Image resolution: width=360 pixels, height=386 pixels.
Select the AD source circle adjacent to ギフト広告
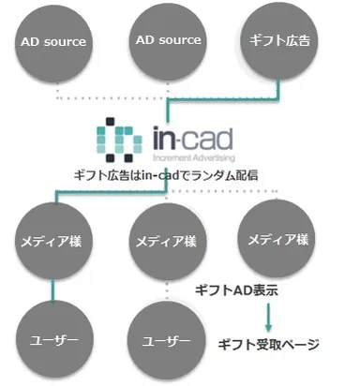click(x=169, y=40)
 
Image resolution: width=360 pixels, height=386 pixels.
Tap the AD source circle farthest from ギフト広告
click(x=52, y=41)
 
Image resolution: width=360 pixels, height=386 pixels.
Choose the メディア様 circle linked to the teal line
click(x=52, y=241)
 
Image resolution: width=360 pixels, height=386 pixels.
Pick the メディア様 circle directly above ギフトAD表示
click(x=277, y=240)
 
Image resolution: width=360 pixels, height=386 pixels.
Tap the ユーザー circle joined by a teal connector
click(x=52, y=337)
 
